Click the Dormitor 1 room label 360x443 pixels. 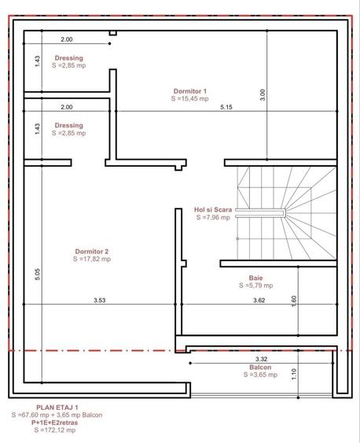click(x=190, y=91)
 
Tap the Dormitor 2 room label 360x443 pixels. click(x=92, y=252)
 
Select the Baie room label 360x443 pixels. click(x=256, y=278)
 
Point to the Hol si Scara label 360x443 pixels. click(x=213, y=210)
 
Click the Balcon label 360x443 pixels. click(x=260, y=367)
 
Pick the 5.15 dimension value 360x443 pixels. click(x=226, y=107)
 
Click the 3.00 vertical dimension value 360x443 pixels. click(x=263, y=95)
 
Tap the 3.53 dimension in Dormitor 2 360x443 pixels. click(x=100, y=300)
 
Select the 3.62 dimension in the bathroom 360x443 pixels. click(x=259, y=300)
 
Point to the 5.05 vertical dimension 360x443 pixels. click(x=38, y=275)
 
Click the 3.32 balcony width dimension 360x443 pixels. click(x=261, y=359)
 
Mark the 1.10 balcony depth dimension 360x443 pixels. click(x=294, y=374)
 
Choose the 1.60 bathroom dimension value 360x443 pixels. click(x=294, y=301)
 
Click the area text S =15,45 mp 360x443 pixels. click(x=190, y=98)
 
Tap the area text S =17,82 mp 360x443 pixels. click(x=92, y=259)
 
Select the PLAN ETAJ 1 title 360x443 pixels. click(x=57, y=408)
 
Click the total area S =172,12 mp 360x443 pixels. click(x=55, y=430)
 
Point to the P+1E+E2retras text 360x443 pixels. click(x=55, y=423)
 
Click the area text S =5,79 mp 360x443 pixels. click(x=256, y=286)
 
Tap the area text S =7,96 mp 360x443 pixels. click(x=213, y=217)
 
